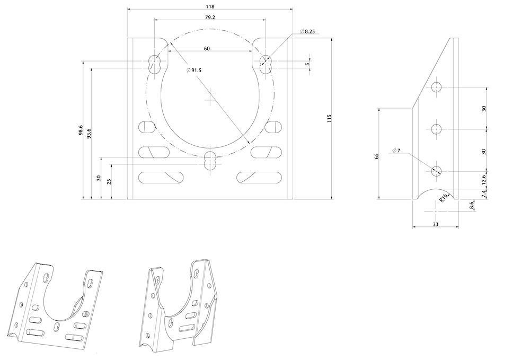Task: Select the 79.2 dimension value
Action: (209, 17)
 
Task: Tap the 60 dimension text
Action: (207, 48)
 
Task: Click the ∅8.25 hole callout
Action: (308, 32)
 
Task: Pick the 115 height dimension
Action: (329, 119)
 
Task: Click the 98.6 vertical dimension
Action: (81, 130)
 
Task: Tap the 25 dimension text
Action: (109, 181)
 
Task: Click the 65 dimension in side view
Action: (376, 156)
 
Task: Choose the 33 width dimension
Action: (436, 224)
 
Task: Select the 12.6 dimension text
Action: (483, 180)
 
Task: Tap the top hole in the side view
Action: (436, 87)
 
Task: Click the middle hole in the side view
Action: (436, 129)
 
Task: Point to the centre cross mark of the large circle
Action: (210, 96)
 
